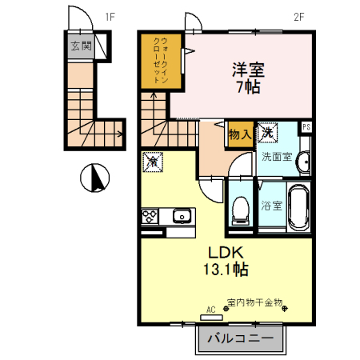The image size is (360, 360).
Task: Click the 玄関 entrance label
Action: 81,46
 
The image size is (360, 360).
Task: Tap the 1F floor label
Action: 110,17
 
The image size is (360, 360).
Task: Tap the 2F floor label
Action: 299,17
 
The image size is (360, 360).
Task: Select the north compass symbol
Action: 95,178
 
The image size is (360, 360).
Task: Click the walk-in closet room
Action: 161,62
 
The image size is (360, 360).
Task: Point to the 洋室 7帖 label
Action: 248,78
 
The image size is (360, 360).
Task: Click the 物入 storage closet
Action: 241,134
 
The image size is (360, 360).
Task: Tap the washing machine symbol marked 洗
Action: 268,133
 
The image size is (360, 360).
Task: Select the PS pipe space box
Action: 306,127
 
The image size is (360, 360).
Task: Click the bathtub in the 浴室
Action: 299,208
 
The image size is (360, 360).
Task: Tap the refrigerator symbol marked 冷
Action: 153,162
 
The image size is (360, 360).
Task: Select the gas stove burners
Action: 150,216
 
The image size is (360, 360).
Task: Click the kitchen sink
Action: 182,216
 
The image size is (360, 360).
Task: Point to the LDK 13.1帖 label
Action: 226,261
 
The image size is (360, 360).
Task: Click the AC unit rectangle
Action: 211,318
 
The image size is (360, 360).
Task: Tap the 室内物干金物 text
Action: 254,302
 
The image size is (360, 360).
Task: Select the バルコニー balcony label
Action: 241,338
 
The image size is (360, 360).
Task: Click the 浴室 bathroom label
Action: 271,206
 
